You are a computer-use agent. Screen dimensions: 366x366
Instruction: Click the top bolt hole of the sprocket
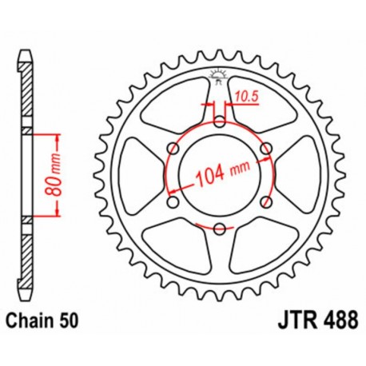point(220,121)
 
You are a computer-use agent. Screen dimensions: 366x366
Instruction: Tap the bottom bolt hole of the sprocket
point(220,229)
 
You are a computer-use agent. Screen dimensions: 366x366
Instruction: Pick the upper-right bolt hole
point(266,148)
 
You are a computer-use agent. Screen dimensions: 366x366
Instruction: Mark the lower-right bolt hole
point(266,202)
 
